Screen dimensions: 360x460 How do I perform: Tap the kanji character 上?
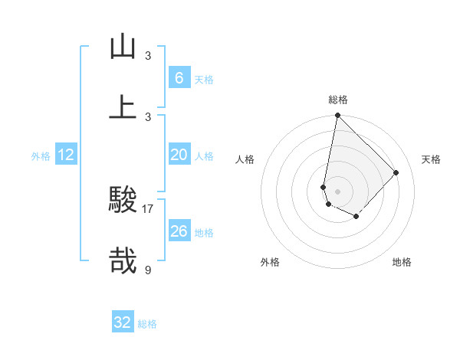(x=123, y=106)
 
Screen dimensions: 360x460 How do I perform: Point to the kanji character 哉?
(x=123, y=260)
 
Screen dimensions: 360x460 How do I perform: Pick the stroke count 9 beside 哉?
(x=148, y=269)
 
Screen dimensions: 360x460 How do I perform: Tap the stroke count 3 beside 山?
(x=148, y=55)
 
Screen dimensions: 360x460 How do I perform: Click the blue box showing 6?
(x=179, y=77)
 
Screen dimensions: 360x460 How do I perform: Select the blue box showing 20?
(x=179, y=155)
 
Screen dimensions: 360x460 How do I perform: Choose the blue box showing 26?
(x=179, y=231)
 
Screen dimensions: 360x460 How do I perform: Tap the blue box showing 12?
(x=66, y=155)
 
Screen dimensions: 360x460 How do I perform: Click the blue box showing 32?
(x=123, y=322)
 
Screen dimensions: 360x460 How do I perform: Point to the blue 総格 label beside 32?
(x=147, y=324)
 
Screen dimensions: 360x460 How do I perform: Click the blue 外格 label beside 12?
(x=41, y=156)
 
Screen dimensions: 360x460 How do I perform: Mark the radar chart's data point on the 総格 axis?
(x=337, y=116)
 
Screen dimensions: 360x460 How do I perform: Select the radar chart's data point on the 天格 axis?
(x=396, y=172)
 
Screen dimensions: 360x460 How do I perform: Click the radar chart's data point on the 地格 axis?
(x=356, y=217)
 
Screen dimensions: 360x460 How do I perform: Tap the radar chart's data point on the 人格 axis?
(x=324, y=187)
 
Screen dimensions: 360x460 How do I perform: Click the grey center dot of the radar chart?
(x=337, y=191)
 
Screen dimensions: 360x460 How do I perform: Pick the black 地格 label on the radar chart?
(x=402, y=262)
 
